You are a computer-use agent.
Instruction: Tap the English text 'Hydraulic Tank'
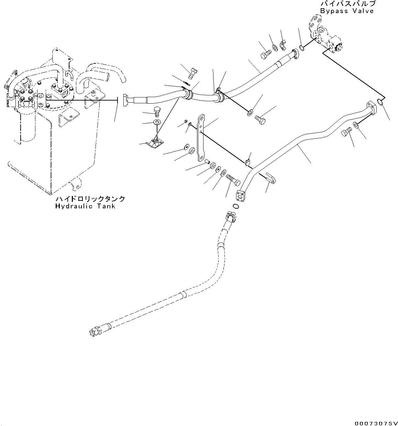pyautogui.click(x=85, y=206)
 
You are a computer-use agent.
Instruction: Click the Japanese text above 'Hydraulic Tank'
pyautogui.click(x=90, y=199)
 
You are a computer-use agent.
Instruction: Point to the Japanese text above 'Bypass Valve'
pyautogui.click(x=347, y=4)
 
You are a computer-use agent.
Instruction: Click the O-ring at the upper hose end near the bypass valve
pyautogui.click(x=302, y=48)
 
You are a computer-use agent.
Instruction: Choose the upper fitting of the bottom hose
pyautogui.click(x=231, y=216)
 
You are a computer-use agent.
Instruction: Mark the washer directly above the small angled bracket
pyautogui.click(x=157, y=122)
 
